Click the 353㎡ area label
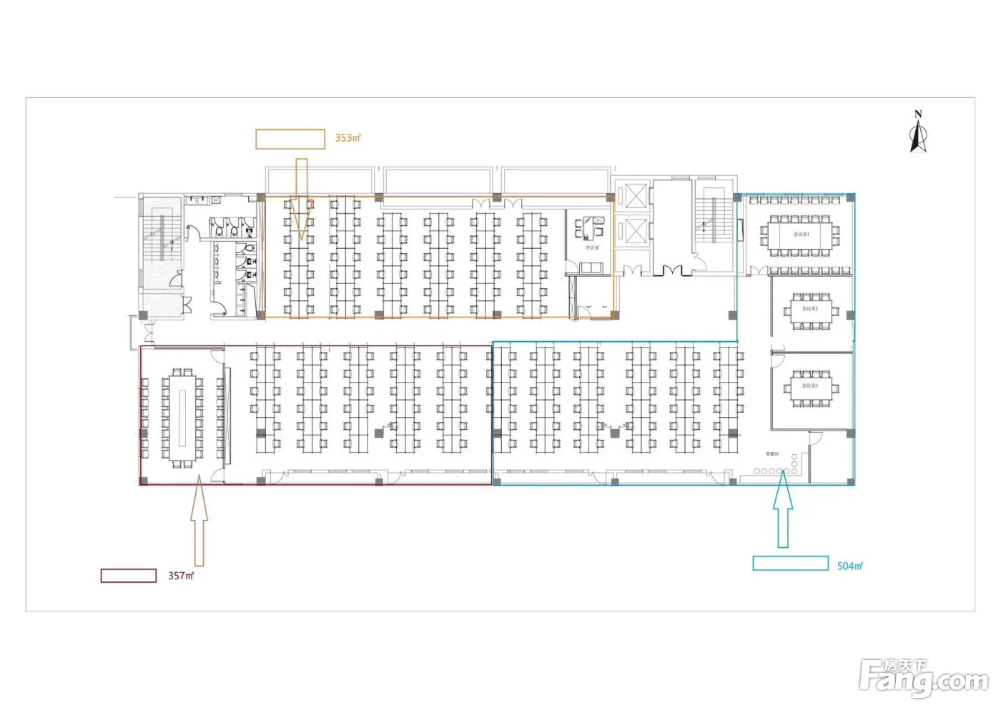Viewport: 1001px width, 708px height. point(347,138)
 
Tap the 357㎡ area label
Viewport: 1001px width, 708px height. point(181,576)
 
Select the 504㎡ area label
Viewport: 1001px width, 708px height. point(849,566)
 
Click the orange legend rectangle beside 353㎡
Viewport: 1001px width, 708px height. point(290,139)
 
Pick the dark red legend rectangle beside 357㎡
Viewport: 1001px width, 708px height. point(129,576)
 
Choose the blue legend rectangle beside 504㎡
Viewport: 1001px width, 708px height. point(790,564)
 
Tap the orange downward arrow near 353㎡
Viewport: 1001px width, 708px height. point(302,197)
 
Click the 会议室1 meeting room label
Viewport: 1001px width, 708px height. point(801,235)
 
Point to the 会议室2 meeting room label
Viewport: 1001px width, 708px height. point(809,309)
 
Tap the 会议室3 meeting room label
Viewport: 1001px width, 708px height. point(809,385)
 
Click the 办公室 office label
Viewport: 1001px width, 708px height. point(592,247)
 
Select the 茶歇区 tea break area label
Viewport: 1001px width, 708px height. point(771,454)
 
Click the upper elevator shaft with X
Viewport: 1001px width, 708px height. point(636,195)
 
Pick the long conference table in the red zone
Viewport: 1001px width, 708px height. point(182,418)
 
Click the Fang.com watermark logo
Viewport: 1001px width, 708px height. point(923,678)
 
